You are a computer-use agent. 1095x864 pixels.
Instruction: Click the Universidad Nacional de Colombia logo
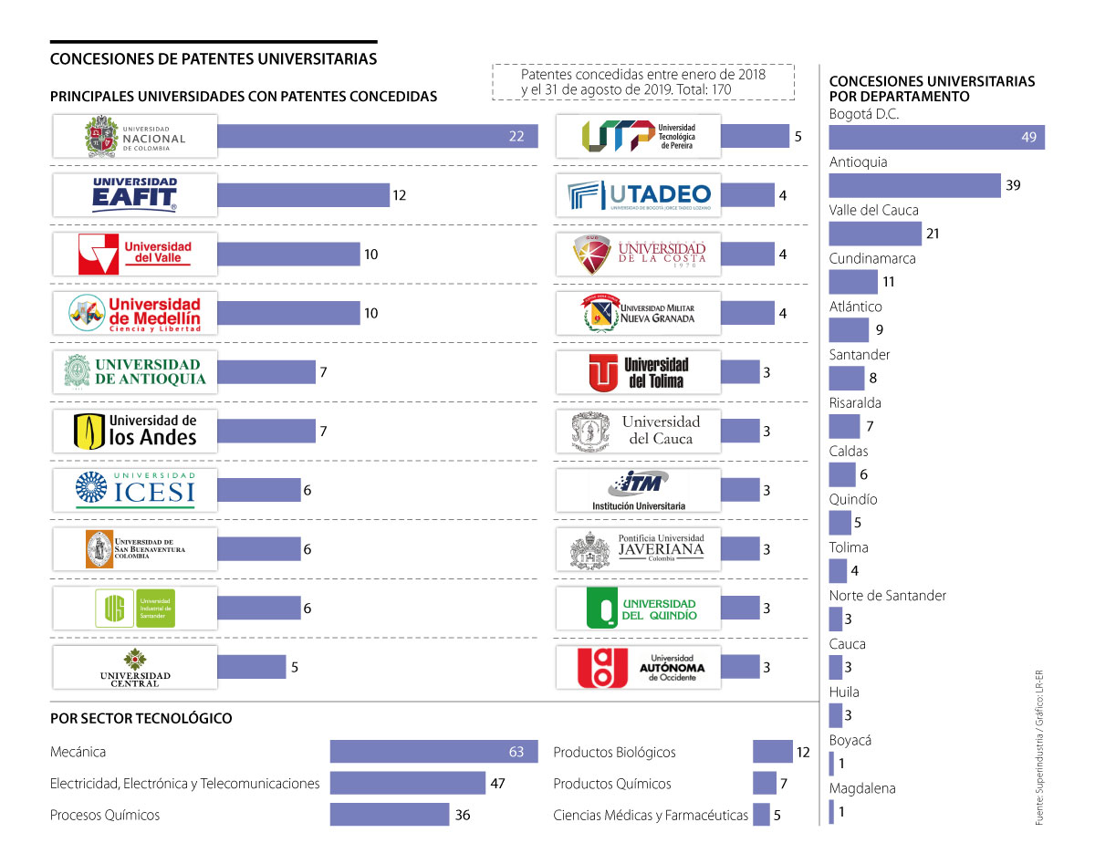[135, 136]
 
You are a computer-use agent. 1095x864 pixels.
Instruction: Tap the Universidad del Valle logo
[135, 254]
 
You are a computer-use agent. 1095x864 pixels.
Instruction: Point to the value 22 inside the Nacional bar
[516, 137]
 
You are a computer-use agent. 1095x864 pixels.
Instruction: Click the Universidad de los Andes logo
[135, 431]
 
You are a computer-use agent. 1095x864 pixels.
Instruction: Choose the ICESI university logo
[135, 490]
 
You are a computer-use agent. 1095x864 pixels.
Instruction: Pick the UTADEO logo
[638, 195]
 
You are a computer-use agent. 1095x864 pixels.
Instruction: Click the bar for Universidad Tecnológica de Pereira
[755, 137]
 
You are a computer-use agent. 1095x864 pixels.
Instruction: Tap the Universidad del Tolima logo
[638, 372]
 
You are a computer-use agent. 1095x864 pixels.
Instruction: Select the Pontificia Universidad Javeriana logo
[638, 549]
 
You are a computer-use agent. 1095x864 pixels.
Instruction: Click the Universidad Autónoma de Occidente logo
[638, 667]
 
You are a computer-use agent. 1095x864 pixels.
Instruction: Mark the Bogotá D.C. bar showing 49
[936, 138]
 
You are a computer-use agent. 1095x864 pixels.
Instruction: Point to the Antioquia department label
[858, 162]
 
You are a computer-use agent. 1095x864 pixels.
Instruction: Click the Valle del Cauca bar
[874, 234]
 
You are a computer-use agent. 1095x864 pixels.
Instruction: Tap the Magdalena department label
[862, 788]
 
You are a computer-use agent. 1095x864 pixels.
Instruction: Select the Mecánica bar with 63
[429, 752]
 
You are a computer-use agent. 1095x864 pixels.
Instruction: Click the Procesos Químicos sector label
[105, 815]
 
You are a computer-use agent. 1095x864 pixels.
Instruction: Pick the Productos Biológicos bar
[772, 752]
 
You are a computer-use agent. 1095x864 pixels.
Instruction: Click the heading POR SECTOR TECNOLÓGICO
[141, 718]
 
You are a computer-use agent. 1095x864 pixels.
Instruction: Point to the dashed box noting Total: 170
[642, 82]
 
